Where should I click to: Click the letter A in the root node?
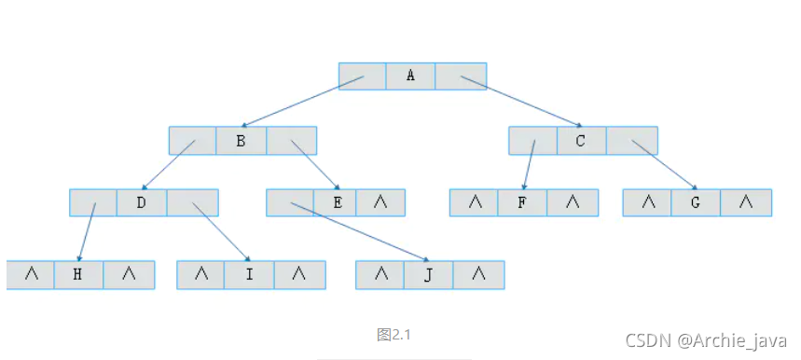pyautogui.click(x=411, y=76)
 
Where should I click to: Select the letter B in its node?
pyautogui.click(x=241, y=141)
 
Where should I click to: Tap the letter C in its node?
pyautogui.click(x=581, y=141)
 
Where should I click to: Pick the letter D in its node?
pyautogui.click(x=142, y=202)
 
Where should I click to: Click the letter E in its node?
pyautogui.click(x=338, y=202)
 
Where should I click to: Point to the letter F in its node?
pyautogui.click(x=522, y=202)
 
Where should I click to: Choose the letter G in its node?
pyautogui.click(x=696, y=202)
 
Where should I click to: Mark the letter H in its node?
pyautogui.click(x=78, y=274)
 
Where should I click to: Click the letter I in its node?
pyautogui.click(x=249, y=274)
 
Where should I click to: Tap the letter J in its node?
pyautogui.click(x=428, y=274)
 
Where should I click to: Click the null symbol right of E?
pyautogui.click(x=380, y=202)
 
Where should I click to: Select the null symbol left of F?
pyautogui.click(x=474, y=202)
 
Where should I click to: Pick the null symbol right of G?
pyautogui.click(x=746, y=202)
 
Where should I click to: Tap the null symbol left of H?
pyautogui.click(x=32, y=274)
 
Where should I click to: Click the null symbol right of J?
pyautogui.click(x=478, y=274)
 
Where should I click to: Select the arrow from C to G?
pyautogui.click(x=664, y=165)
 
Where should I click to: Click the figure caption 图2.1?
pyautogui.click(x=394, y=335)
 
